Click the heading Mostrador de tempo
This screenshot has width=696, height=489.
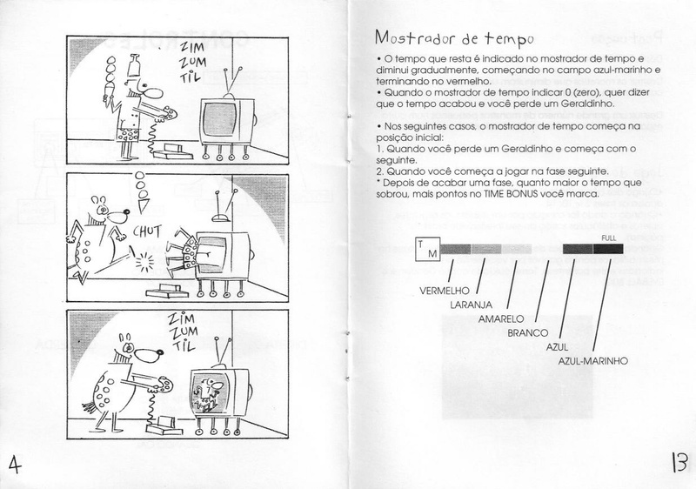pos(453,38)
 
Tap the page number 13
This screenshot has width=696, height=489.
pos(679,463)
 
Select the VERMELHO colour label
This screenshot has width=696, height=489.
pos(445,291)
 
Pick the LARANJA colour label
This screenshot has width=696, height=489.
pos(471,305)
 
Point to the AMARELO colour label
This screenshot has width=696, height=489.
pos(501,319)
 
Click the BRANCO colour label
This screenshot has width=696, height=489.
pos(528,332)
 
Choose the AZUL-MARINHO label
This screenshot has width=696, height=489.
pos(593,361)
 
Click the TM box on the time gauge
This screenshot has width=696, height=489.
pos(427,249)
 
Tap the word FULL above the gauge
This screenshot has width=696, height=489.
pos(608,238)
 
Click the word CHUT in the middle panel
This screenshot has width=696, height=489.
pos(147,232)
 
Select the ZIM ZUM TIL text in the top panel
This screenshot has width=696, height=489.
pos(191,62)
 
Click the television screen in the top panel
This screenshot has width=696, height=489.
pos(219,120)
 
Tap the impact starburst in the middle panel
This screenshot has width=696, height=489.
pos(144,261)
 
